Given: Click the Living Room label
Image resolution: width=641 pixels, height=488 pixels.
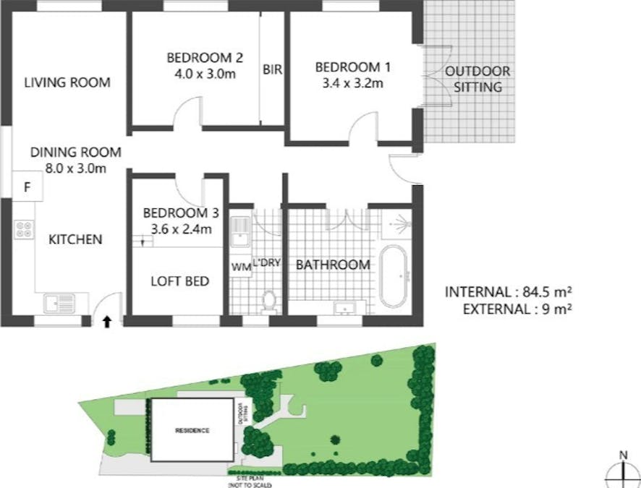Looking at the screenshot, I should coord(67,82).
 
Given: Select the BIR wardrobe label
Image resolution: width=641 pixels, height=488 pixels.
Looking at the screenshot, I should coord(272,70).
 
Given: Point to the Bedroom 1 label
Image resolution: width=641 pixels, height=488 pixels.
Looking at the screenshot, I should coord(352,67).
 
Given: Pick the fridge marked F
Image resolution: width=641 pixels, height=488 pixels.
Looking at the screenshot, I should coord(27,188).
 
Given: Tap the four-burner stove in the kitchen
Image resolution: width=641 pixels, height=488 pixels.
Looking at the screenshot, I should coord(23,229).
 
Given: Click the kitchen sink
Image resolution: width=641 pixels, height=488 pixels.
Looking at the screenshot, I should coord(60,303).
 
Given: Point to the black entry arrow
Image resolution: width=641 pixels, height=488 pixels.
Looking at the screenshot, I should coord(107,321).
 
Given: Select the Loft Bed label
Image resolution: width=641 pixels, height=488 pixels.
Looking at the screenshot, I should coord(179,281).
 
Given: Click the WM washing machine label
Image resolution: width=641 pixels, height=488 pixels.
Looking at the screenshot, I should coord(241,267).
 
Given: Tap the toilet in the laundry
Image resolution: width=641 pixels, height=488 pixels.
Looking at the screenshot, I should coord(268,300).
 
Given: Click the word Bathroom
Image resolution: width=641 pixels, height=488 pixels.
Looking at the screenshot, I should coord(333,265).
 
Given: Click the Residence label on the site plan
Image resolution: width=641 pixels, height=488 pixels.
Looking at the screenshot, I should coord(192,431).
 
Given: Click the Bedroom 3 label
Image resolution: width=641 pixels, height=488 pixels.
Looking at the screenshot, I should coord(180,213).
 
